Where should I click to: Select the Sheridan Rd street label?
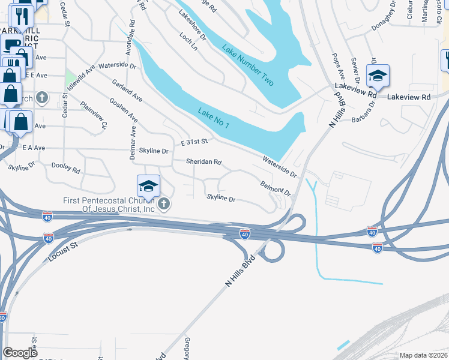click(204, 162)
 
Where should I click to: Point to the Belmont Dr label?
click(275, 189)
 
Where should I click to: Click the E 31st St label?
click(194, 141)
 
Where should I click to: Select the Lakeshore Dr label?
click(192, 28)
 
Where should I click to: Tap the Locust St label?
click(61, 253)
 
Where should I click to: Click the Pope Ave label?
click(339, 67)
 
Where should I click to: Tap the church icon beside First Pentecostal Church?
click(163, 205)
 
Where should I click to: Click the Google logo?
click(20, 353)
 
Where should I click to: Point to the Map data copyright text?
click(423, 355)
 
